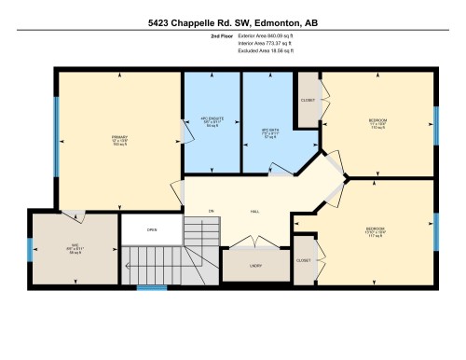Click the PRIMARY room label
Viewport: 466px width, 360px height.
[x=118, y=137]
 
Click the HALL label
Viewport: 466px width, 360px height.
[x=254, y=212]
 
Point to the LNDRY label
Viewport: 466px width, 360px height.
[x=254, y=265]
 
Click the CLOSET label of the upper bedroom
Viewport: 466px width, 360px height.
[x=307, y=100]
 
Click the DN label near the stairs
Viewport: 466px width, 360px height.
[x=212, y=212]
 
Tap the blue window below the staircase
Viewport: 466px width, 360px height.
[x=151, y=287]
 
